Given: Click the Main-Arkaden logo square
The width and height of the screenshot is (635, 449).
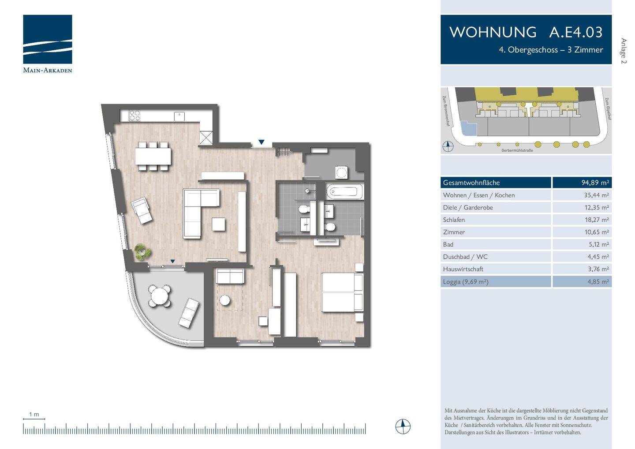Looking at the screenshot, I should click(48, 39).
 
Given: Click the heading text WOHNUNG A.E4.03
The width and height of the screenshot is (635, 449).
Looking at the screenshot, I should click(526, 32).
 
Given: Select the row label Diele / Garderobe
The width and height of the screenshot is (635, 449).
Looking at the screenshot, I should click(468, 207).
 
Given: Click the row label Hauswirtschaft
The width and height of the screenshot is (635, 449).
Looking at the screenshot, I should click(463, 269).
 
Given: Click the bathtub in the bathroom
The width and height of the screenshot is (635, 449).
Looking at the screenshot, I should click(344, 192).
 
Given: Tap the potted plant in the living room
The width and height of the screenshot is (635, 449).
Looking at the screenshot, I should click(142, 252).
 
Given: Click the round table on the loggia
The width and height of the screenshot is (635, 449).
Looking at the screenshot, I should click(159, 296).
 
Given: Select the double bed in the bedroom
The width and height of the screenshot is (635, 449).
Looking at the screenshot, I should click(342, 292).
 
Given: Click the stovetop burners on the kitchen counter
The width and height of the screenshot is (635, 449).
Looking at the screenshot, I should click(134, 116).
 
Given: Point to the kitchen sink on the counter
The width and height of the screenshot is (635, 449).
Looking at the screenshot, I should click(179, 116).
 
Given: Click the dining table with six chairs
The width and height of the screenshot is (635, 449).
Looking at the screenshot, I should click(153, 156).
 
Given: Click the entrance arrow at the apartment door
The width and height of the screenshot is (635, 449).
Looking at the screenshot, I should click(261, 142).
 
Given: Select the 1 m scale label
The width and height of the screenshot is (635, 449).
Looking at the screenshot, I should click(34, 414).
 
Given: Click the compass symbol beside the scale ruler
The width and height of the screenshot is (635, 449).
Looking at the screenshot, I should click(403, 427).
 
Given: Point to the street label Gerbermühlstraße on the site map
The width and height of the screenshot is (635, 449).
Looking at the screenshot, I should click(517, 150).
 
